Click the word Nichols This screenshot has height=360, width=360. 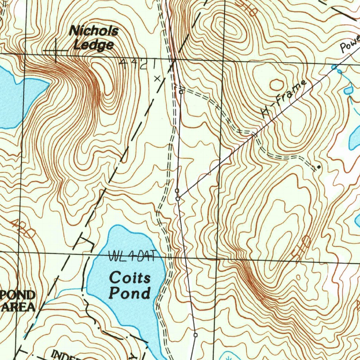(94, 31)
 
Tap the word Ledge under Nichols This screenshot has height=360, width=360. (94, 45)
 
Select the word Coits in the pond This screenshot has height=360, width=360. (130, 278)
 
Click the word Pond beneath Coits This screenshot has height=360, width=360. (130, 293)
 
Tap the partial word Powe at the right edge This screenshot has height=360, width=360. (350, 44)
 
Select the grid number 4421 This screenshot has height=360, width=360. (137, 64)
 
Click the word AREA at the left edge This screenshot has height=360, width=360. (18, 307)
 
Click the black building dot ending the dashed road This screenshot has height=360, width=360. (319, 166)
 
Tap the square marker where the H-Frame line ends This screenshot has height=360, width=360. (177, 191)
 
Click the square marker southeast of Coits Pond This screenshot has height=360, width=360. (195, 335)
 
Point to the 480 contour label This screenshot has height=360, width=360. (23, 228)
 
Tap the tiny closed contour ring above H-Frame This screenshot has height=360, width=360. (277, 85)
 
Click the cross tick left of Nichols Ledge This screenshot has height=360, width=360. (56, 51)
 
